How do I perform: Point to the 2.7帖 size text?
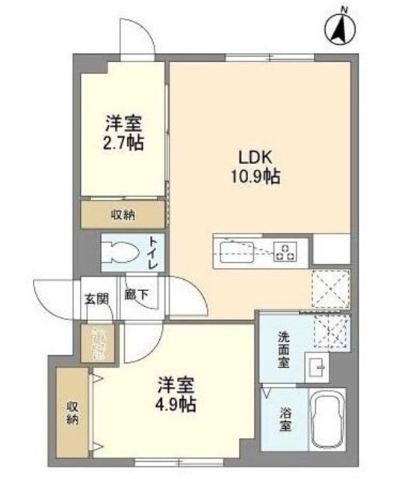point(124,141)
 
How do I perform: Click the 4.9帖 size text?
point(177,404)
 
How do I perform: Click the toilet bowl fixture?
point(120,253)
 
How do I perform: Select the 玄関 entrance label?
point(96,297)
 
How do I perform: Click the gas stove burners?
point(284,251)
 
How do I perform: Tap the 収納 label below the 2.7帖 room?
point(123,216)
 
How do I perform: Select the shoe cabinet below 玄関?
point(99,344)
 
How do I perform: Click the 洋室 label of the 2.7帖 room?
point(124,122)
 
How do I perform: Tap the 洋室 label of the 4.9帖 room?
point(177,385)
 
